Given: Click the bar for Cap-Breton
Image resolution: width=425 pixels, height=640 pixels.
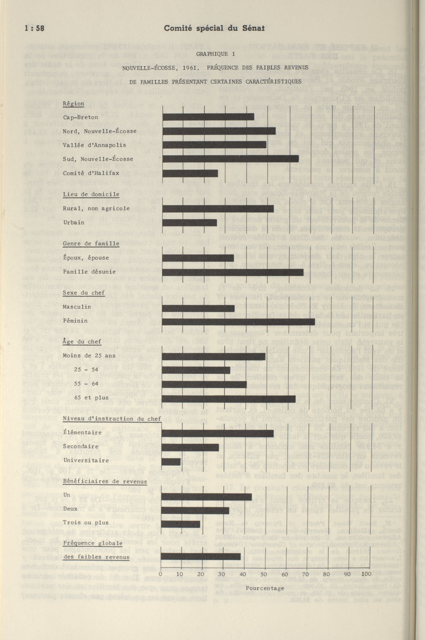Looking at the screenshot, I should pyautogui.click(x=208, y=117).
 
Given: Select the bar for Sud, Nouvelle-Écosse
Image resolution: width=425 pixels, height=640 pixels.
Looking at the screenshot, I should pyautogui.click(x=230, y=159).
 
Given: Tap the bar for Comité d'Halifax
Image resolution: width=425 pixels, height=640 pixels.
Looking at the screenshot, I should pyautogui.click(x=190, y=173).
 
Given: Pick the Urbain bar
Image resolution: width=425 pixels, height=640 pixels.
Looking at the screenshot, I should pyautogui.click(x=189, y=222).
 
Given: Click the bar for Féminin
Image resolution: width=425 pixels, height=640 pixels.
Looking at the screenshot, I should pyautogui.click(x=238, y=322).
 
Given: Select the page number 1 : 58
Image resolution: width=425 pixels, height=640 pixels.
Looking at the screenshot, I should pyautogui.click(x=34, y=28).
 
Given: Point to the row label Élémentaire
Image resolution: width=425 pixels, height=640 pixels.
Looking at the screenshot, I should pyautogui.click(x=83, y=433).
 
